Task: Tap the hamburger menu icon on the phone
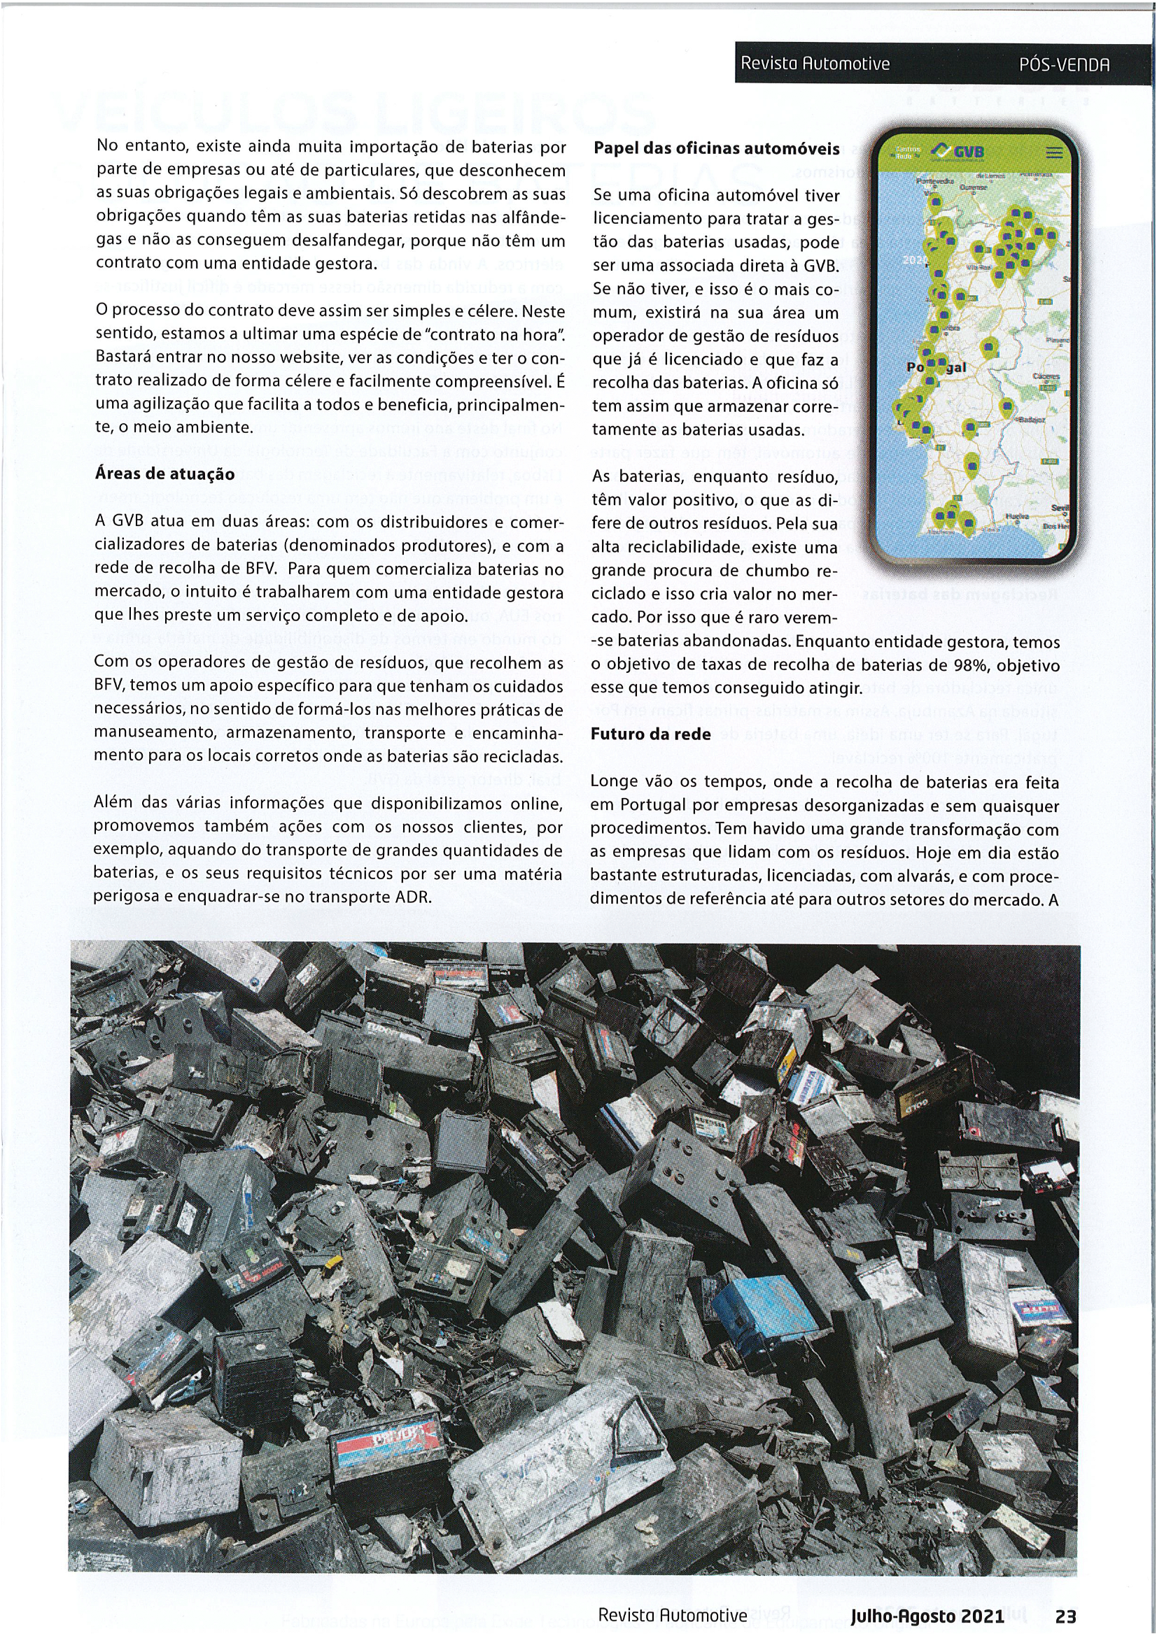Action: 1053,153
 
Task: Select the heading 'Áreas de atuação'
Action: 164,474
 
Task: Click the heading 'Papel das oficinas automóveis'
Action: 717,149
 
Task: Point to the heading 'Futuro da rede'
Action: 650,734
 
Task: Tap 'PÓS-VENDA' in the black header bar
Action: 1065,64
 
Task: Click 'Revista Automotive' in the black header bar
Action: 815,64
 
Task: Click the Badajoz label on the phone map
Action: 1031,420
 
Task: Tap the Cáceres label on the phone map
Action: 1045,377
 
